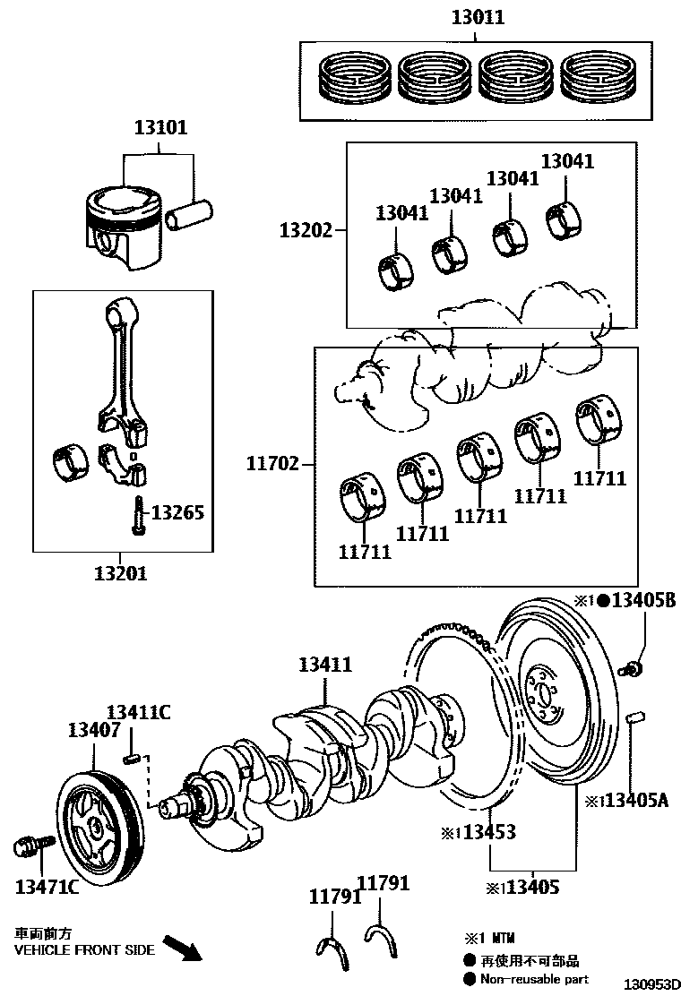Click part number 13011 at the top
478,17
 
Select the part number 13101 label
161,128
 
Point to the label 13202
305,230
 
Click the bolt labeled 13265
138,516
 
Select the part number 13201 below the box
121,572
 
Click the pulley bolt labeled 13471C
26,846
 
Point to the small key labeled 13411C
132,760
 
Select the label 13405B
643,599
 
